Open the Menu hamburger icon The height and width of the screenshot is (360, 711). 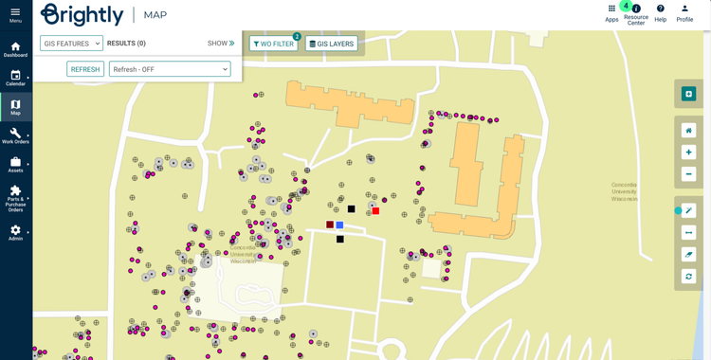(x=15, y=12)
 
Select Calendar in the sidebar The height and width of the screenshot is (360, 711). (x=15, y=76)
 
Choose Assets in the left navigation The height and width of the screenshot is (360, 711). (x=15, y=163)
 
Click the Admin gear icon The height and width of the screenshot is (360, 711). (x=15, y=230)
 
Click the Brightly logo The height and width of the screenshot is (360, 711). (x=82, y=14)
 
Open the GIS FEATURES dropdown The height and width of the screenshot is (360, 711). (x=71, y=44)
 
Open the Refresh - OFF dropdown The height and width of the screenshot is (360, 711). (x=170, y=69)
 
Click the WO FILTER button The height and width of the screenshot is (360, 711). (x=273, y=44)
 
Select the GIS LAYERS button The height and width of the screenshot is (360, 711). (x=332, y=44)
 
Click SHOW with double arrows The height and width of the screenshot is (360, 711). (x=221, y=44)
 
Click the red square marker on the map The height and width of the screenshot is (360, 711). (x=375, y=211)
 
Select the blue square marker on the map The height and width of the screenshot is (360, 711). (x=339, y=225)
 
